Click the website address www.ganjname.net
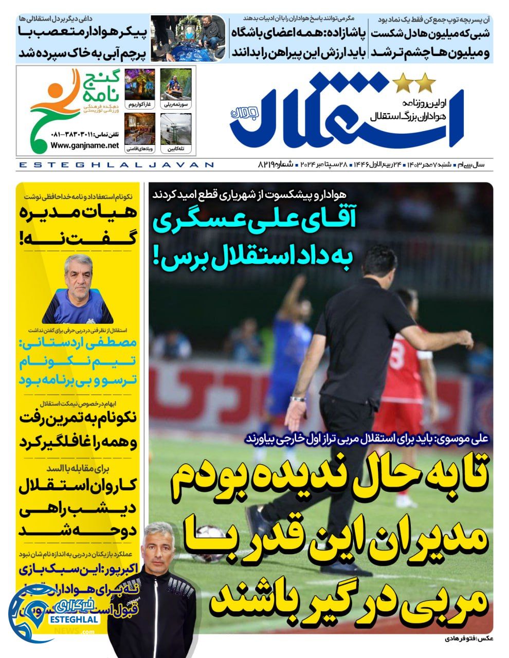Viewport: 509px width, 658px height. click(85, 145)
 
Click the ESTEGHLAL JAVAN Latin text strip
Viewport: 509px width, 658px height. click(116, 165)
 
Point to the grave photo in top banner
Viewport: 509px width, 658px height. click(188, 39)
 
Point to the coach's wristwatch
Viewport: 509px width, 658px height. click(298, 398)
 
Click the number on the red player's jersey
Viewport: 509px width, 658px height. click(397, 354)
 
